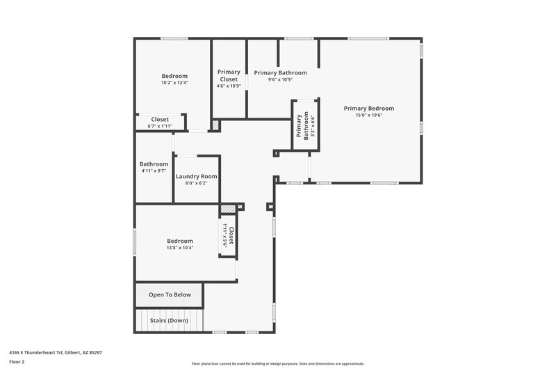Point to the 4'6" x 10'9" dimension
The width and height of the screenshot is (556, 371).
pyautogui.click(x=229, y=86)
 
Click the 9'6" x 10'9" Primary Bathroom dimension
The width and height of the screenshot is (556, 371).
pyautogui.click(x=280, y=79)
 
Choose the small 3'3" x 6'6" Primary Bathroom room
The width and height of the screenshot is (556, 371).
pyautogui.click(x=304, y=126)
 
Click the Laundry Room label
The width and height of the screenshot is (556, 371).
pyautogui.click(x=196, y=177)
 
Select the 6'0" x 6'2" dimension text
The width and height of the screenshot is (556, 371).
pyautogui.click(x=196, y=184)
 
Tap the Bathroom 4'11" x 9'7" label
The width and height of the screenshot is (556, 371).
pyautogui.click(x=154, y=164)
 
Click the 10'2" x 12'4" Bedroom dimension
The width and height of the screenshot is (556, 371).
pyautogui.click(x=174, y=83)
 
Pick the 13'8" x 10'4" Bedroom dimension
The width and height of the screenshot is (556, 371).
pyautogui.click(x=179, y=248)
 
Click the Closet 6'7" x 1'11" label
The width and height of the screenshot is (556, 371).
pyautogui.click(x=160, y=120)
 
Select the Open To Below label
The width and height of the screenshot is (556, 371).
pyautogui.click(x=170, y=294)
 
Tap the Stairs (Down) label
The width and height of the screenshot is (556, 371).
pyautogui.click(x=170, y=320)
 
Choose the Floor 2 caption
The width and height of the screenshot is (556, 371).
pyautogui.click(x=17, y=362)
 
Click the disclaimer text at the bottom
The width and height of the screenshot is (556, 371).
pyautogui.click(x=277, y=363)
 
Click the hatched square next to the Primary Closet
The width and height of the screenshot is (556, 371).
pyautogui.click(x=215, y=126)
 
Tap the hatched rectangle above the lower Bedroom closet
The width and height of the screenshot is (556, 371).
pyautogui.click(x=228, y=208)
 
